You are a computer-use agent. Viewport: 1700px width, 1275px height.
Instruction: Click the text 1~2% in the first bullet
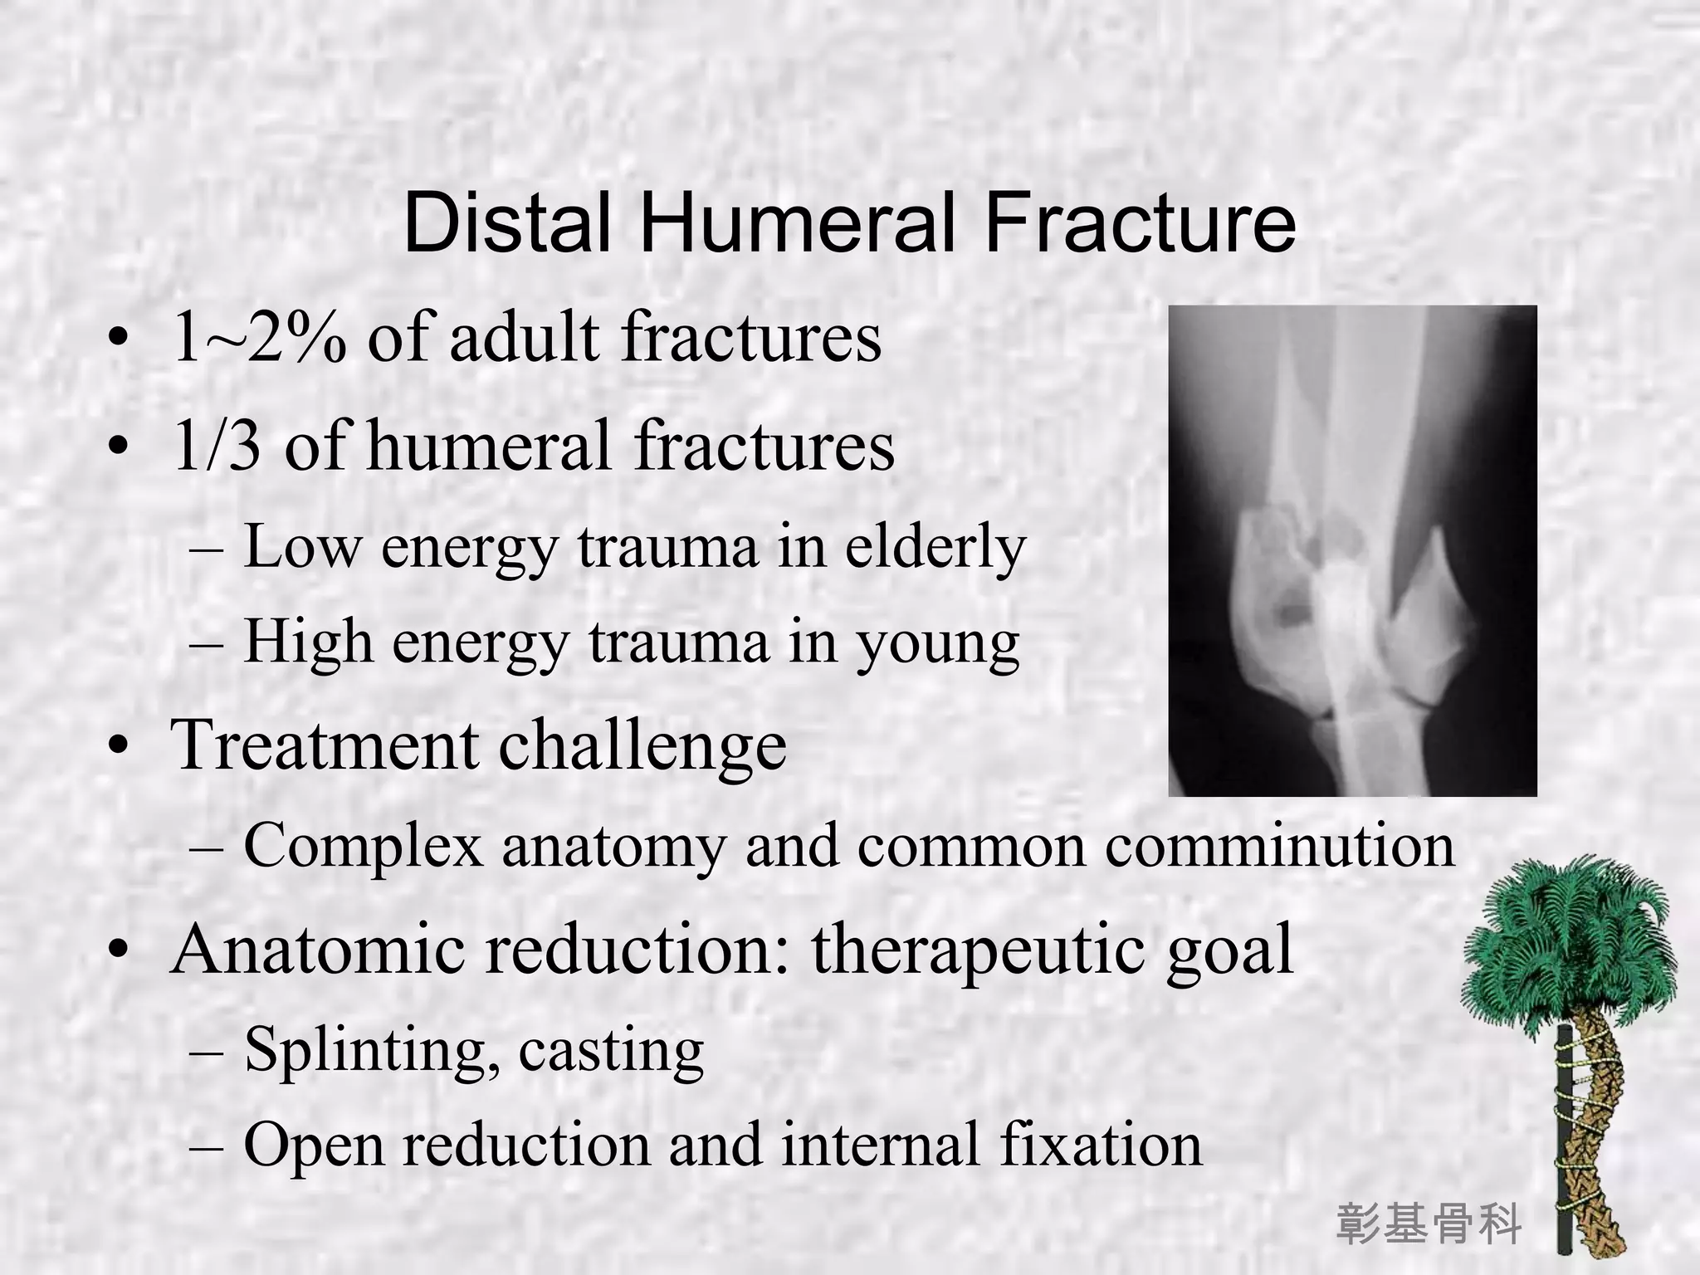(260, 339)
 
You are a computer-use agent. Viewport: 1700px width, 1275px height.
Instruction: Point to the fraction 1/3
(217, 447)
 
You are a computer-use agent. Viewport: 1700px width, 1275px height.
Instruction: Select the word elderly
(935, 548)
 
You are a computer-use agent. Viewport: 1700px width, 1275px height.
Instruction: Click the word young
(938, 644)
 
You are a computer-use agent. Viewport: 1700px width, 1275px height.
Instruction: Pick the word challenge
(642, 745)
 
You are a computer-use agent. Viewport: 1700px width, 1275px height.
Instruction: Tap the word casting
(611, 1051)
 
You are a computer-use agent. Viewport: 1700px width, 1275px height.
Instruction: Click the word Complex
(363, 846)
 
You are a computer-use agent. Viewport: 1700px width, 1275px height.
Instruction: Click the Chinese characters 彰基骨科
(1429, 1224)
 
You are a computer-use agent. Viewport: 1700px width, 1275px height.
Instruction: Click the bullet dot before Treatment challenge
(119, 746)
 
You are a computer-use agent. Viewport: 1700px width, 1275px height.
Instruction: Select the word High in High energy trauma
(308, 642)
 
